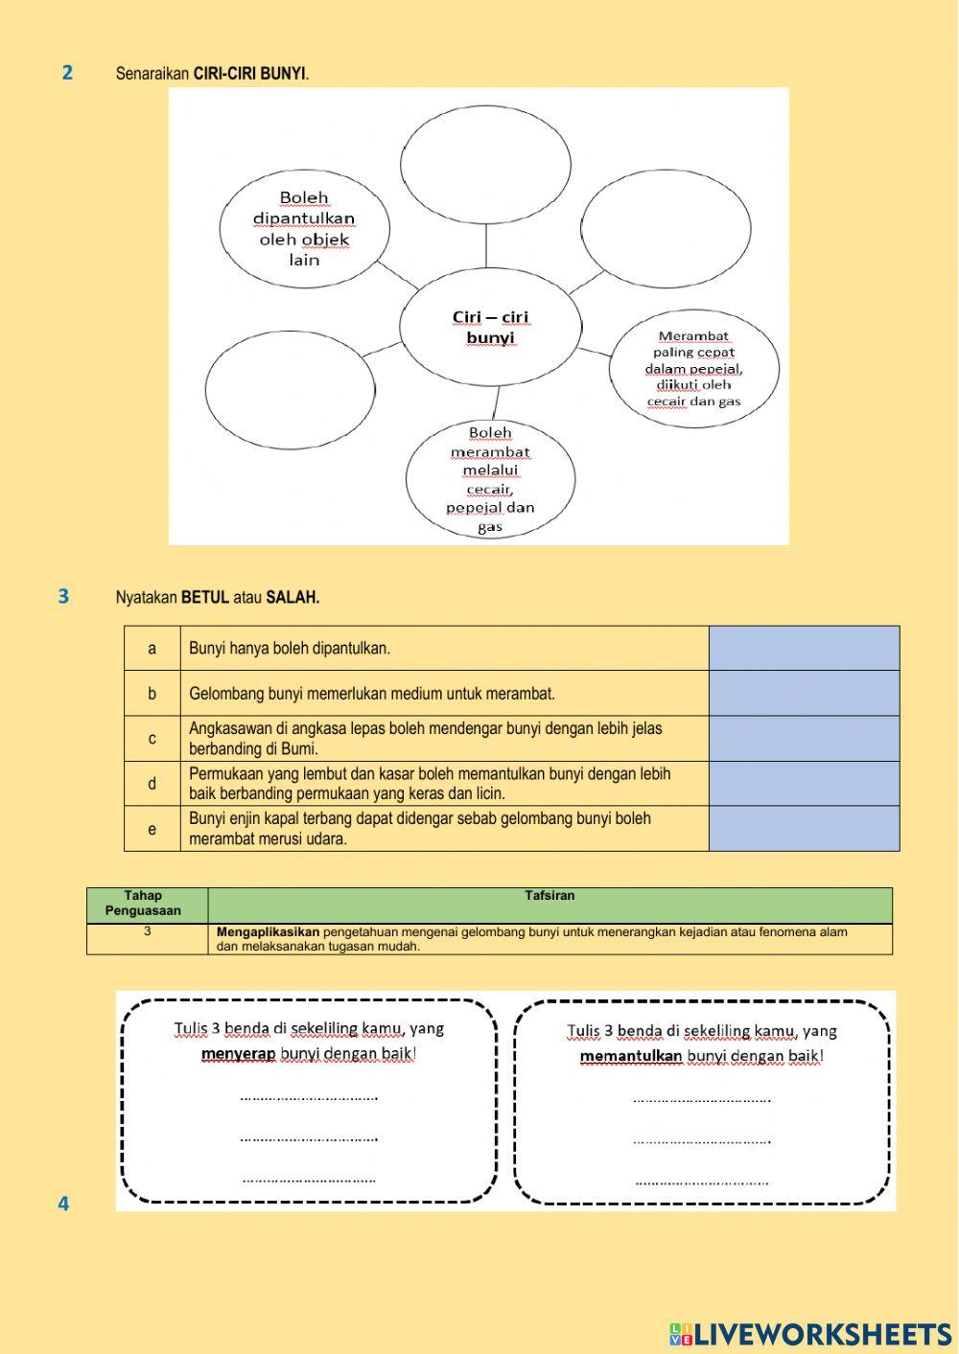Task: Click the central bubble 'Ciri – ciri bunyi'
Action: (x=490, y=327)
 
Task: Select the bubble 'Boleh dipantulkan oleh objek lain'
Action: (x=304, y=229)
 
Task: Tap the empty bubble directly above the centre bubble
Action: (x=485, y=164)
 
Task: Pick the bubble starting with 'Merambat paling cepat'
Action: (x=693, y=368)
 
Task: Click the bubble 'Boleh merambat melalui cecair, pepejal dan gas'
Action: (x=490, y=479)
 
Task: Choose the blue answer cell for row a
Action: (x=804, y=648)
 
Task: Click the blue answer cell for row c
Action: (x=804, y=738)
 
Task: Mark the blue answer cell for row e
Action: (x=804, y=828)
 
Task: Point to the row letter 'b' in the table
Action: (x=152, y=693)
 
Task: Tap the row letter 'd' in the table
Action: (x=152, y=783)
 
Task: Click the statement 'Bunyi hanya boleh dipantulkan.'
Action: (x=290, y=649)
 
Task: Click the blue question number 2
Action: (x=67, y=72)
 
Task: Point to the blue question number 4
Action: (x=63, y=1204)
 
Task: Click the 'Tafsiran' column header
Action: (x=550, y=896)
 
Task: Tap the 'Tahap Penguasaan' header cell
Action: (x=144, y=904)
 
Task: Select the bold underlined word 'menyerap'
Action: (x=238, y=1054)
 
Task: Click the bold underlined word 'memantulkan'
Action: (x=630, y=1057)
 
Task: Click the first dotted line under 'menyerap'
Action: (x=309, y=1097)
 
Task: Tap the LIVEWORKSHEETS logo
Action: (x=810, y=1333)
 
